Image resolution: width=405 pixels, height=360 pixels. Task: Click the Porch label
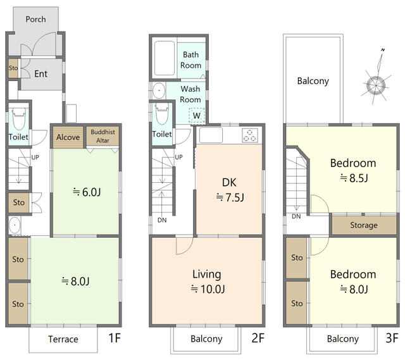point(35,20)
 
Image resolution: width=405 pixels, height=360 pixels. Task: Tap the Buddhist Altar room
point(103,136)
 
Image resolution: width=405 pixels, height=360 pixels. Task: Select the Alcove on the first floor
point(68,137)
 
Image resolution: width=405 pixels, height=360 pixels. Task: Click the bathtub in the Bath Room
point(165,58)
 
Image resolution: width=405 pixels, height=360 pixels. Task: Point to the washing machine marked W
point(197,116)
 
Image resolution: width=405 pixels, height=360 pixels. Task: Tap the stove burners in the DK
point(250,135)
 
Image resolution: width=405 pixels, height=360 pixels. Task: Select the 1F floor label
point(115,338)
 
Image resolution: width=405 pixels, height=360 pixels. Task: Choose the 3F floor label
point(392,338)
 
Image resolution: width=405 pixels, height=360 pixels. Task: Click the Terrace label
point(63,339)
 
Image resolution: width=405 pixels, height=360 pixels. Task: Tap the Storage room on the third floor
point(364,225)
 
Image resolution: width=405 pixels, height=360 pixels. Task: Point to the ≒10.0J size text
point(208,289)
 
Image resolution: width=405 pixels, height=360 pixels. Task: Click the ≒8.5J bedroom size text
point(353,178)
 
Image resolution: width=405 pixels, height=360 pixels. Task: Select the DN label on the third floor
point(296,216)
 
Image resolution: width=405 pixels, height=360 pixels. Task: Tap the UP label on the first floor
point(35,157)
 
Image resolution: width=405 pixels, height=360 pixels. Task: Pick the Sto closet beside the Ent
point(13,68)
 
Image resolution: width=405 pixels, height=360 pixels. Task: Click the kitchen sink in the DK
point(211,135)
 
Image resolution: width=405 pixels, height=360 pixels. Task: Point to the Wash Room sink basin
point(159,90)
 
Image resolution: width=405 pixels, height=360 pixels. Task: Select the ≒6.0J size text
point(87,192)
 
